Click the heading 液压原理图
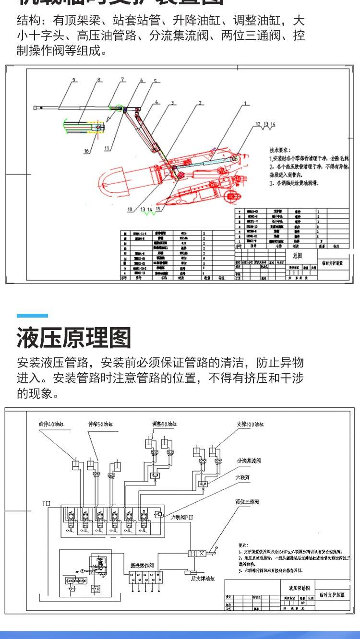click(x=74, y=338)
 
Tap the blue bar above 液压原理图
click(x=33, y=316)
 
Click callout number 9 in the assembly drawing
click(x=74, y=80)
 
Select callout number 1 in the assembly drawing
click(x=245, y=104)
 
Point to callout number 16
click(x=86, y=151)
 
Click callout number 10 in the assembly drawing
click(x=130, y=209)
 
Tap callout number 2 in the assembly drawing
click(x=200, y=103)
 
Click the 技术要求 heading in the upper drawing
click(x=280, y=149)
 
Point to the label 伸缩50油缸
click(x=97, y=424)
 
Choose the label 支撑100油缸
click(x=251, y=424)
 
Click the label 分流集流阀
click(x=249, y=461)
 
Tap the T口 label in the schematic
click(x=46, y=503)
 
